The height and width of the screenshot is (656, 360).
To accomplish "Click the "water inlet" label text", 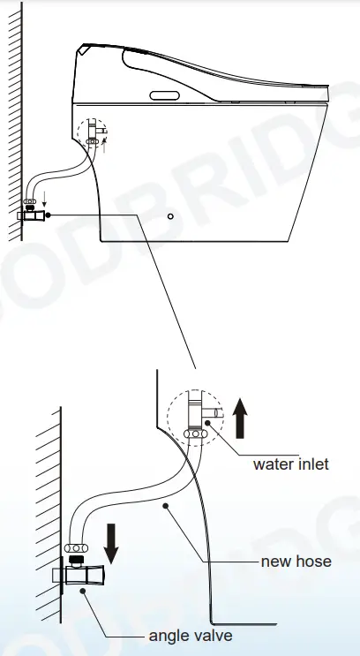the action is (x=290, y=464).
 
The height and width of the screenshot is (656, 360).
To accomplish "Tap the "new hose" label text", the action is (x=296, y=561).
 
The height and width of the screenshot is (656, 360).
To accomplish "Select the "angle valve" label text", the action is (x=191, y=636).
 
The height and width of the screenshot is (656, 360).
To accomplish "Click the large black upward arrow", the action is (x=240, y=418).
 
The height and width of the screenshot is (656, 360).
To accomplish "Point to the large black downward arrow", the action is (x=111, y=543).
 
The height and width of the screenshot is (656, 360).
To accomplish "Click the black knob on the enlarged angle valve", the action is (x=77, y=560).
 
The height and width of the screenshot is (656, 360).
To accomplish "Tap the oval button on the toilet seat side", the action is (x=165, y=96).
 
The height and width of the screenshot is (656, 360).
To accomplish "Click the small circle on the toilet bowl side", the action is (x=170, y=216).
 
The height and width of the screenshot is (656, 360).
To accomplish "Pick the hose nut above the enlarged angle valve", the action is (x=77, y=548).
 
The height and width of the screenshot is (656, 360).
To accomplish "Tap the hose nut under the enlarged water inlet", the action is (x=195, y=434).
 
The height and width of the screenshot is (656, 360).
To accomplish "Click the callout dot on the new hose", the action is (x=166, y=506).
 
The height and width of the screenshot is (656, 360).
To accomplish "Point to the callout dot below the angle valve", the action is (x=83, y=592).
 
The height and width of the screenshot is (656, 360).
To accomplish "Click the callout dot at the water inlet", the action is (x=207, y=424).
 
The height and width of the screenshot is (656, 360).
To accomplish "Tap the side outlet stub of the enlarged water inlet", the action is (x=213, y=412).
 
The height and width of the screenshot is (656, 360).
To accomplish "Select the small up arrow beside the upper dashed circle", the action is (x=104, y=146).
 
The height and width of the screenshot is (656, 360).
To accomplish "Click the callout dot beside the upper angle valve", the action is (x=48, y=215).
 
